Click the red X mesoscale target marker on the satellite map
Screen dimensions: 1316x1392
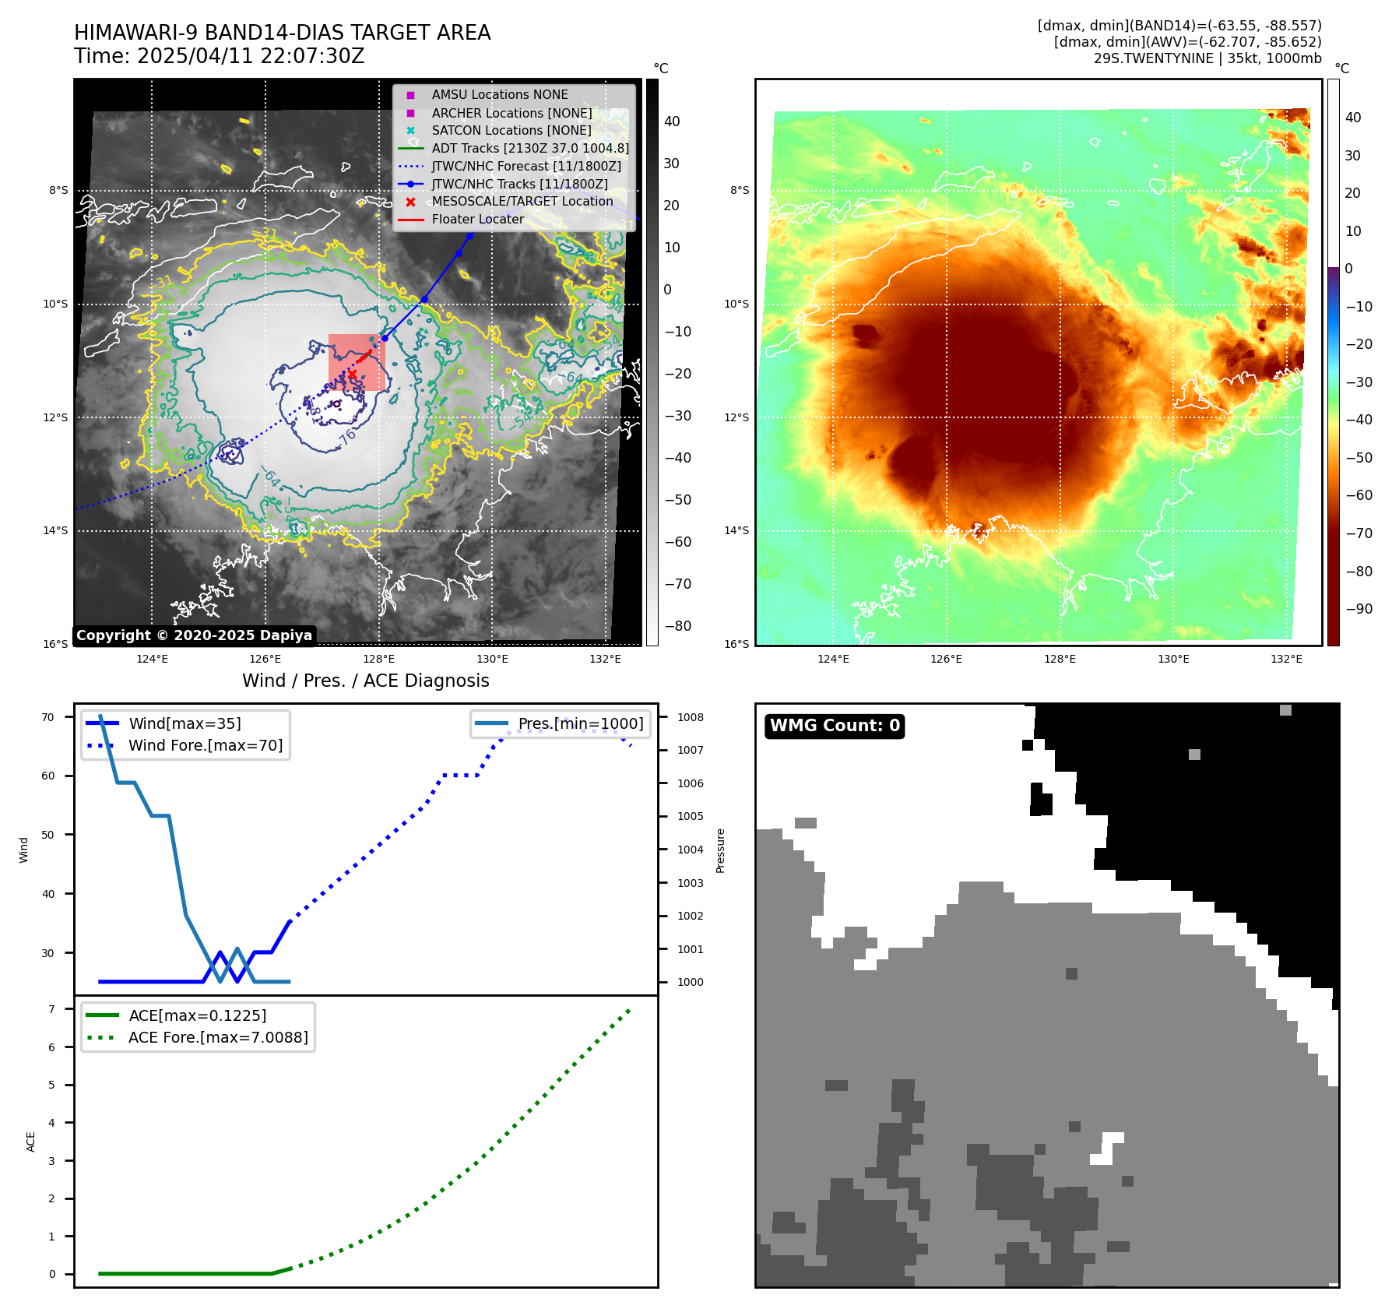[x=352, y=375]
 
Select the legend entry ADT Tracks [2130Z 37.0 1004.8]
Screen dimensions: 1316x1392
[x=530, y=148]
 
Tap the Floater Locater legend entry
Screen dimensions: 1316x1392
[x=477, y=220]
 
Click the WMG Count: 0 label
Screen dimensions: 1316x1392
[x=835, y=726]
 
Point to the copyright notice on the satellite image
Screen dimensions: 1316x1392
[x=194, y=635]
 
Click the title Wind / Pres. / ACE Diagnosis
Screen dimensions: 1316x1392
[x=366, y=681]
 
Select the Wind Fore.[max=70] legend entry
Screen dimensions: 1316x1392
[x=206, y=745]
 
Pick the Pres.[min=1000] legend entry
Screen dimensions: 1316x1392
[x=581, y=723]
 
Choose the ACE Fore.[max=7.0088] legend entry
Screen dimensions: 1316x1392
[x=218, y=1037]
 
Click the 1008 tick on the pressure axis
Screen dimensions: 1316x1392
[x=690, y=717]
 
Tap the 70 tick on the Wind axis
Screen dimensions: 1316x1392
[x=48, y=717]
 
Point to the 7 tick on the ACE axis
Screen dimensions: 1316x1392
[x=51, y=1009]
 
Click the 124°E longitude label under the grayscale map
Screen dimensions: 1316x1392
[x=152, y=659]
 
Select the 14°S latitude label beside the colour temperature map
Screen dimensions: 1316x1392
[x=736, y=531]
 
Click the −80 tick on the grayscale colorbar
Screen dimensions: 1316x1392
[x=677, y=626]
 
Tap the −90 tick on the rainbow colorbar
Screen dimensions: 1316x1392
[x=1359, y=609]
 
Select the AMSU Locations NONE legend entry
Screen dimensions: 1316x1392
[x=499, y=94]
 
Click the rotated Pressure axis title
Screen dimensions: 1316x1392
[x=721, y=850]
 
